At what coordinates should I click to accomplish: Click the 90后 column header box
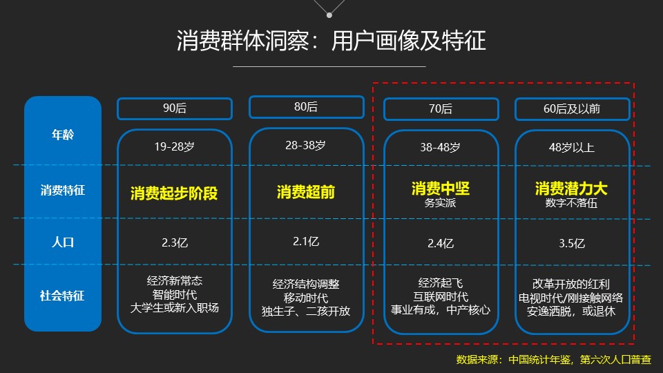coord(175,108)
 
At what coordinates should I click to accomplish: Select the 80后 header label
coord(306,107)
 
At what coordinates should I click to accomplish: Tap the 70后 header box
coord(441,109)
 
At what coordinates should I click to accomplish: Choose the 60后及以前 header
coord(572,109)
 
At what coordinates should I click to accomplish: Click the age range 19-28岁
coord(175,146)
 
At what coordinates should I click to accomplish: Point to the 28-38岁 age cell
coord(306,146)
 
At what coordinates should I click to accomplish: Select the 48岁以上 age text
coord(572,148)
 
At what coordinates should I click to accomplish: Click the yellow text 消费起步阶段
coord(174,193)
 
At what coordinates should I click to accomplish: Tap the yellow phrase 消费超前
coord(306,192)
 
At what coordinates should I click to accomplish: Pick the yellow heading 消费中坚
coord(441,188)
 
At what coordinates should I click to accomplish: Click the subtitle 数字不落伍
coord(571,203)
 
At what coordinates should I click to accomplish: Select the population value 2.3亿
coord(175,242)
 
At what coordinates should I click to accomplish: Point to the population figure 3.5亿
coord(572,243)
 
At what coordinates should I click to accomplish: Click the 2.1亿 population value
coord(306,242)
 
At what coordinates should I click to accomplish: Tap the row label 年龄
coord(63,135)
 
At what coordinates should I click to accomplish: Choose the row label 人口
coord(63,242)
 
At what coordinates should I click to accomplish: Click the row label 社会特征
coord(62,296)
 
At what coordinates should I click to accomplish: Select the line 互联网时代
coord(441,296)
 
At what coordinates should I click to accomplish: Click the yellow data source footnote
coord(553,359)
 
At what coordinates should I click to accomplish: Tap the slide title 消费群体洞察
coord(242,41)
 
